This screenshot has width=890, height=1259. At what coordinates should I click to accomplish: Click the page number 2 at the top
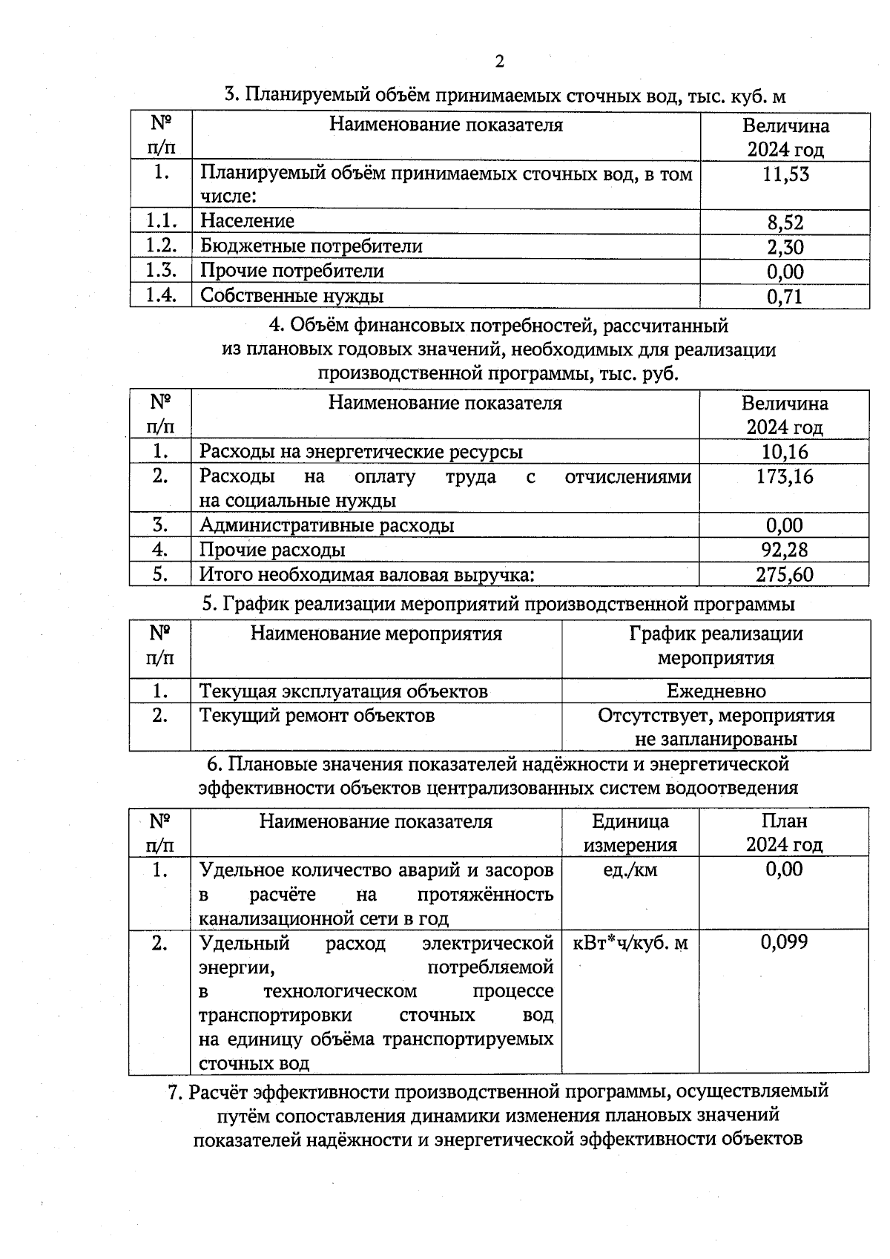click(x=499, y=62)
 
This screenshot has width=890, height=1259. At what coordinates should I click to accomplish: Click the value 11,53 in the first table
click(x=785, y=175)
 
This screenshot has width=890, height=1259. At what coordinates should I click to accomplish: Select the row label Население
click(x=247, y=221)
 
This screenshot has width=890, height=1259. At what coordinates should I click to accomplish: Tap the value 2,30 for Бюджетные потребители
click(x=785, y=247)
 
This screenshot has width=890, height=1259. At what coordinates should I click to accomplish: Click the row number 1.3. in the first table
click(x=161, y=271)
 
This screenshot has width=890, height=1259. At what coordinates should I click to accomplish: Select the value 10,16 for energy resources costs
click(x=785, y=452)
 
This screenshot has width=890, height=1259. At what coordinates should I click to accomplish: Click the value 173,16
click(x=785, y=476)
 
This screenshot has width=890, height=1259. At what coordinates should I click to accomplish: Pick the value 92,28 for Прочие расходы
click(x=785, y=550)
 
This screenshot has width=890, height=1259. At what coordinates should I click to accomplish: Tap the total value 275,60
click(x=785, y=575)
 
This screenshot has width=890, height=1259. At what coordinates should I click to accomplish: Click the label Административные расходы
click(x=326, y=526)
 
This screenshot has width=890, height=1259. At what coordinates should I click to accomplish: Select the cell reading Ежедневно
click(x=716, y=691)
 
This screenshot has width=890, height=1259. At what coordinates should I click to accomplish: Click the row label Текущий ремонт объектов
click(x=317, y=716)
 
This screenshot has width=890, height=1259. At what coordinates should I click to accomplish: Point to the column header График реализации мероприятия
click(x=716, y=645)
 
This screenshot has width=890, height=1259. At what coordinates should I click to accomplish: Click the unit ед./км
click(x=630, y=870)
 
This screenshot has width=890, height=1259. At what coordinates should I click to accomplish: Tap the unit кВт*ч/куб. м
click(x=630, y=943)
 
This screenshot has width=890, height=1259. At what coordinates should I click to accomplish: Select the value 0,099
click(x=785, y=943)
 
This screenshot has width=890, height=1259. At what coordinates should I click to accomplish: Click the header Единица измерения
click(x=630, y=832)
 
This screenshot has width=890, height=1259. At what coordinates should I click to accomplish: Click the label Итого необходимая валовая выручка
click(x=366, y=575)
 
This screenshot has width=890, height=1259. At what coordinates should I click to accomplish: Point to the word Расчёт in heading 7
click(x=217, y=1092)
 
